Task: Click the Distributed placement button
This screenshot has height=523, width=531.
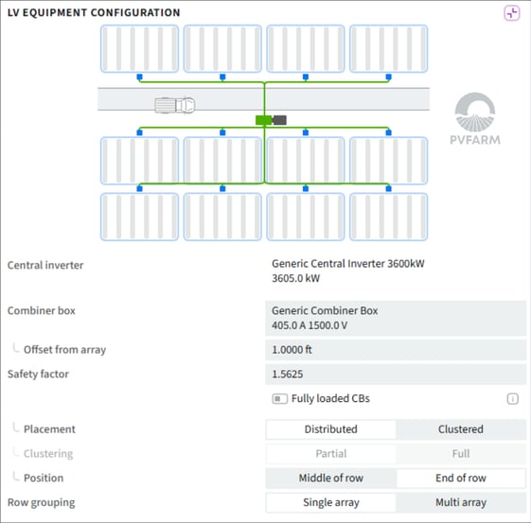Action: [331, 429]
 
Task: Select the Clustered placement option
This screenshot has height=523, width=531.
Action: [461, 429]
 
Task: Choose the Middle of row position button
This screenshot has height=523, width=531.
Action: [331, 478]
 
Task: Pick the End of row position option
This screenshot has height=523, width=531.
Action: [461, 478]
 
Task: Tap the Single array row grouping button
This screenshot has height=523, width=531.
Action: [331, 502]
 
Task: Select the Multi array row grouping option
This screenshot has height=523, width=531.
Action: [461, 502]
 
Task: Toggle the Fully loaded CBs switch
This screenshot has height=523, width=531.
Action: [280, 399]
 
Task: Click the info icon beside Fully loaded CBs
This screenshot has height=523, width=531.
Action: [512, 399]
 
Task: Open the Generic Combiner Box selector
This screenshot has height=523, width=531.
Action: [396, 318]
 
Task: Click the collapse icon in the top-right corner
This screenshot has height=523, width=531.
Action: [512, 13]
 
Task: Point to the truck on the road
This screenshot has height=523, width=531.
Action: [175, 105]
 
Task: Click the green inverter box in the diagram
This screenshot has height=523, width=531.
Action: [264, 120]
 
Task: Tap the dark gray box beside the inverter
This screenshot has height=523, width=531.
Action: [280, 120]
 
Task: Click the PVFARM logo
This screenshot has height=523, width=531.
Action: [475, 119]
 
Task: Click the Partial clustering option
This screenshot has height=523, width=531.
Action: [331, 454]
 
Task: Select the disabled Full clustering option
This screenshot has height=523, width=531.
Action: [461, 454]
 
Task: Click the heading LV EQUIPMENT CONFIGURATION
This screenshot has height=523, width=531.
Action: [94, 13]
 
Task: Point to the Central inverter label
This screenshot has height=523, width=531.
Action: [45, 265]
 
